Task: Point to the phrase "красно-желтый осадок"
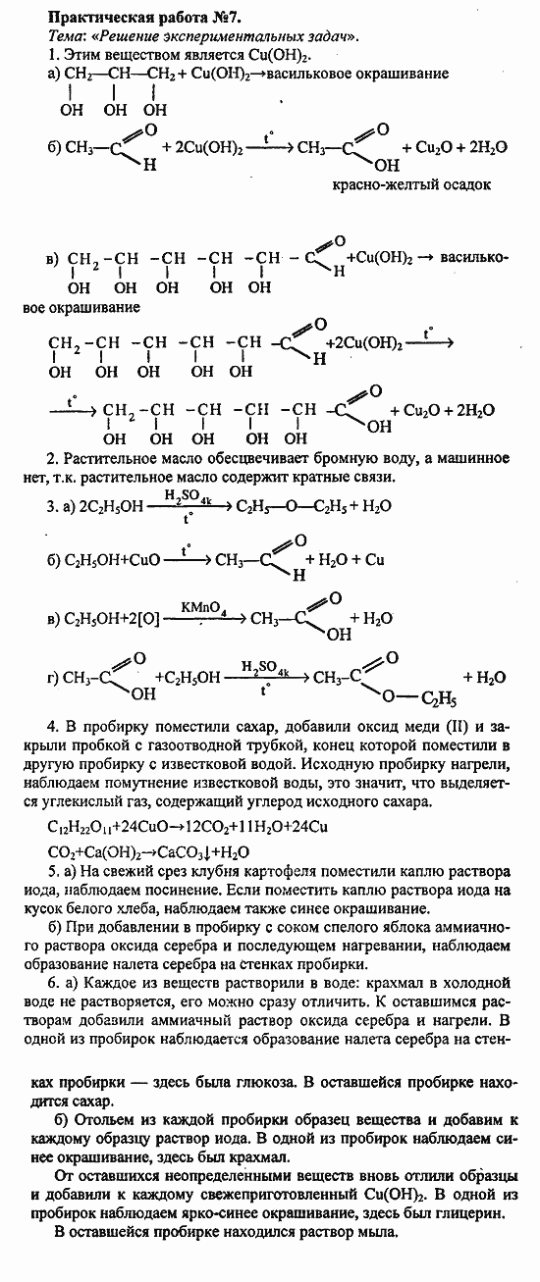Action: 423,183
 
